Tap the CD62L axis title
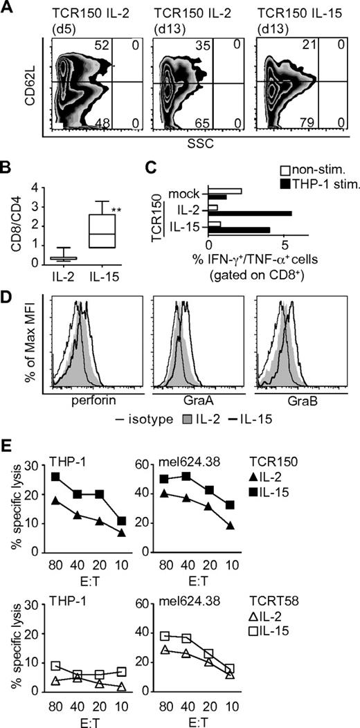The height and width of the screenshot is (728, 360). click(x=30, y=82)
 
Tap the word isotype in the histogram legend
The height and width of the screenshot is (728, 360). click(x=147, y=418)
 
